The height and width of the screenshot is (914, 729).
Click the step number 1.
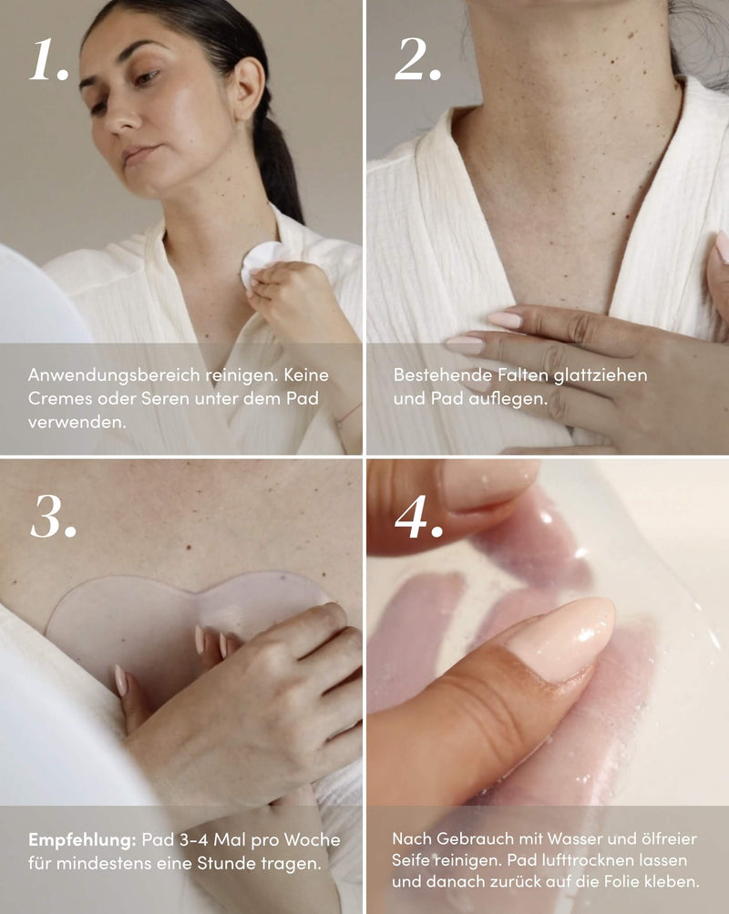coord(48,60)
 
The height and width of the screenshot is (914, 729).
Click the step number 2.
coord(417,60)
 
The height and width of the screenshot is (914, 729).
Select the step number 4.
coord(419,518)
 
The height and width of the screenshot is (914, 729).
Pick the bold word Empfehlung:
coord(82,839)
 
